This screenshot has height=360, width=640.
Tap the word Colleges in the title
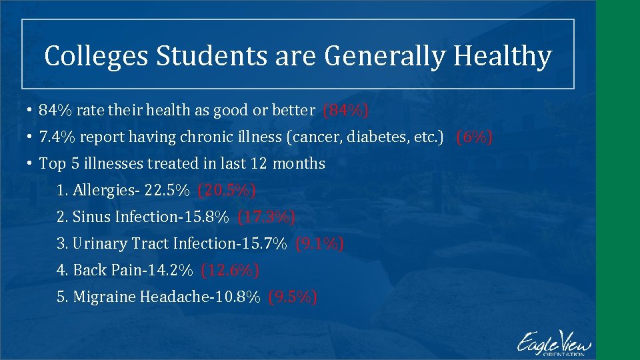coord(96,57)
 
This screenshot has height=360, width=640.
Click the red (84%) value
coord(345,110)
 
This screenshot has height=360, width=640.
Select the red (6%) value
coord(474,137)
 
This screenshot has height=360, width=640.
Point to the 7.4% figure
coord(55,137)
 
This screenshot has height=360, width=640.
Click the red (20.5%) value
coord(227,191)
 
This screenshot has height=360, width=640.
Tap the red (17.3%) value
coord(266,217)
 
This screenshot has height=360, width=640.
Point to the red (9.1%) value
coord(319,244)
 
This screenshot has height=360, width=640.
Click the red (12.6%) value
coord(230,271)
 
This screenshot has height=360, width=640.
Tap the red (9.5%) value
coord(292,297)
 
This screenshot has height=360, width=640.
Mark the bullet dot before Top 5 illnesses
coord(31,164)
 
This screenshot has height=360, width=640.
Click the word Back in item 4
coord(87,271)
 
